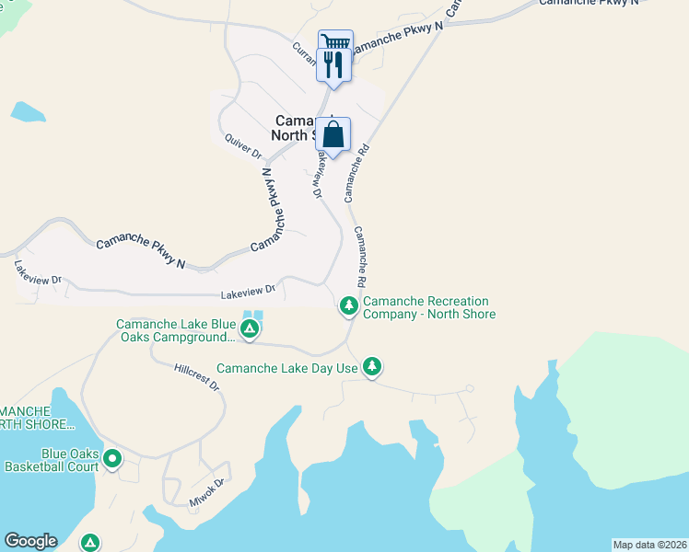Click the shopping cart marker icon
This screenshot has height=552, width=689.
pos(335,42)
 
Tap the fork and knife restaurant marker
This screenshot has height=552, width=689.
pos(333,64)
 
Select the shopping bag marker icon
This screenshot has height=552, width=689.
pos(333,134)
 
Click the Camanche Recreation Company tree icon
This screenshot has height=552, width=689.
pos(348,305)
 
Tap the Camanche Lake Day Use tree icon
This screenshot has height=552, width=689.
pos(372,366)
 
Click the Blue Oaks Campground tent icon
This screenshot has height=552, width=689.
pos(249,328)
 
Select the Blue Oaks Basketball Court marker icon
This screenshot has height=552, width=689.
pos(112,457)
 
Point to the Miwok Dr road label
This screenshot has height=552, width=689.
pos(206,489)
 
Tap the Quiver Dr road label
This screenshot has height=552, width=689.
pos(243,145)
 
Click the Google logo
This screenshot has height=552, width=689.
pos(30,541)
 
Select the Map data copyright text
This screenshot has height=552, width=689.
pos(650,545)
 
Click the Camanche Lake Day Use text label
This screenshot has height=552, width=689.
pos(287,368)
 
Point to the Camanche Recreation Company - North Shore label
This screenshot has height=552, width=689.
pos(429,307)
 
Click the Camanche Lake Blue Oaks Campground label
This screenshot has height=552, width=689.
pos(175,330)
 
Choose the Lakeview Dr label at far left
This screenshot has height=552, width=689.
pos(37,271)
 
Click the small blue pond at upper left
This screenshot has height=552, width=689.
pos(28,112)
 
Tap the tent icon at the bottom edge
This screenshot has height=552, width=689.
pos(90,542)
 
